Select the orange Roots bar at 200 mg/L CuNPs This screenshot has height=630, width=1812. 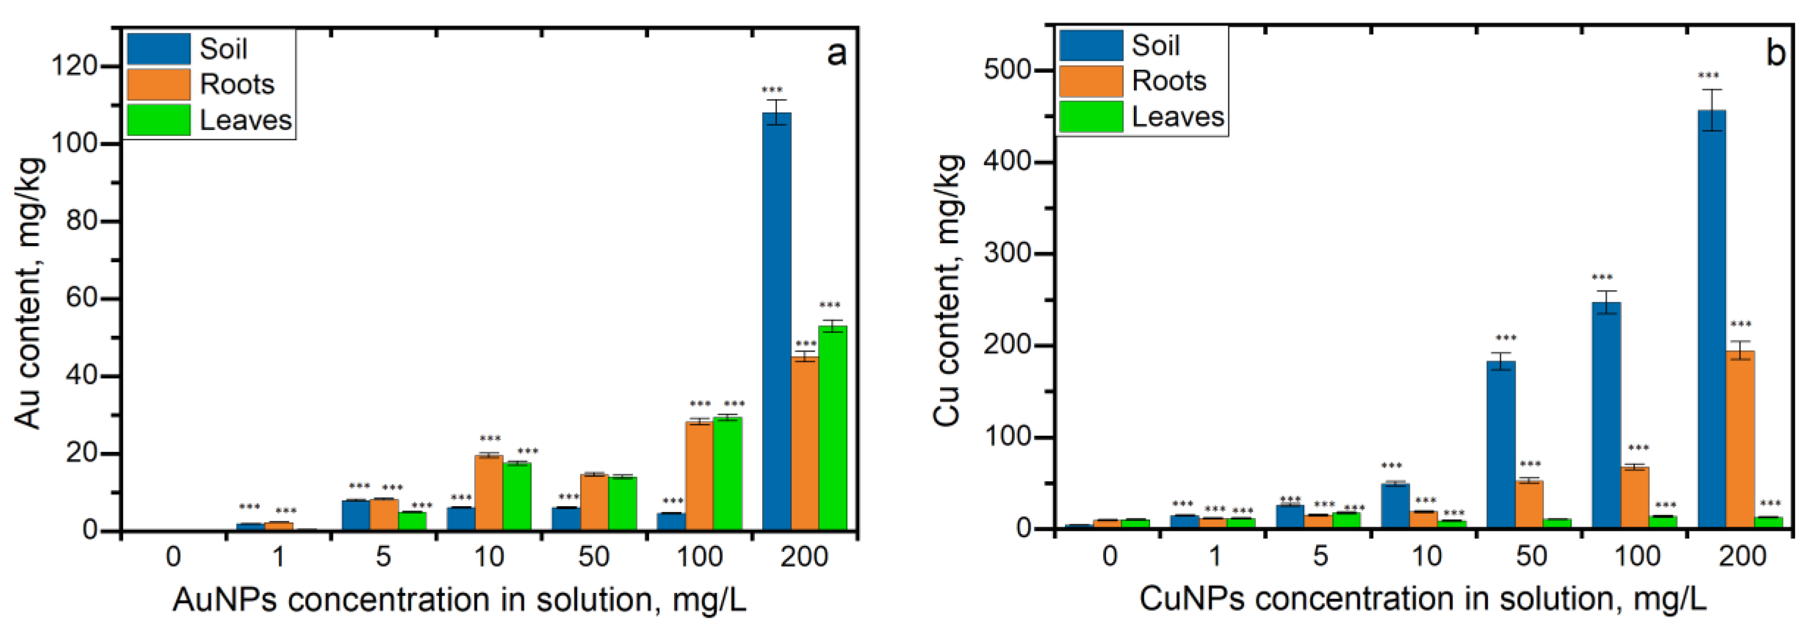(x=1740, y=439)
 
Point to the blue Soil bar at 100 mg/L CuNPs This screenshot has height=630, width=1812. (x=1606, y=415)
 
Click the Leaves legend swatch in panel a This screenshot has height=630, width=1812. (x=158, y=119)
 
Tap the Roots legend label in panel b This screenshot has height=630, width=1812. (x=1169, y=81)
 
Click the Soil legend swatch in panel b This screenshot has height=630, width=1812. (x=1091, y=45)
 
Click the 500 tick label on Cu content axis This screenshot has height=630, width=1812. (x=1007, y=70)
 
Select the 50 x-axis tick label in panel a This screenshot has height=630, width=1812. (x=594, y=557)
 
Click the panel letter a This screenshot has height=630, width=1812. (x=836, y=53)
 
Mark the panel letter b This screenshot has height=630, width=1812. (x=1775, y=53)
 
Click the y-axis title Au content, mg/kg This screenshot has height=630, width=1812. (x=29, y=292)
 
